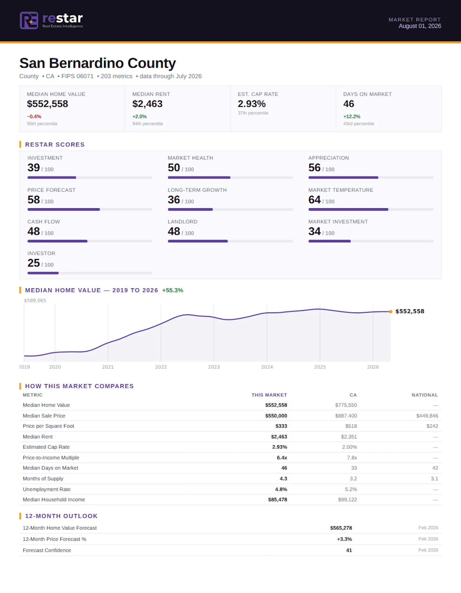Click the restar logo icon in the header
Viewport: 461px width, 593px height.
(x=29, y=20)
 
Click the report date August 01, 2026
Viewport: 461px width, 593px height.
(x=420, y=26)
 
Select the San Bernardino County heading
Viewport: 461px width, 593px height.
(x=97, y=63)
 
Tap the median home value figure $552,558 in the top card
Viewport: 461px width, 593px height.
(x=48, y=104)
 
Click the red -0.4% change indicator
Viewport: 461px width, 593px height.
(x=34, y=116)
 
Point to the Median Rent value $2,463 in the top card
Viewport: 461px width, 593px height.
(x=147, y=104)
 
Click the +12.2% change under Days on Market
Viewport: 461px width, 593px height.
(x=352, y=116)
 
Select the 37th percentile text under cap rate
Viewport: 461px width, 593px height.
(x=253, y=113)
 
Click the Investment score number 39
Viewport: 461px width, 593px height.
(x=33, y=168)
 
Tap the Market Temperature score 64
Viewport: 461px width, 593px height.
(x=314, y=200)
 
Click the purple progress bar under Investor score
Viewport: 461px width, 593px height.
(x=43, y=273)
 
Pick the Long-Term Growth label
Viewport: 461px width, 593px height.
(x=197, y=190)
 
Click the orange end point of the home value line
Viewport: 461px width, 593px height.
(x=390, y=311)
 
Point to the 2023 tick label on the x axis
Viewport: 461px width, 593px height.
(x=214, y=367)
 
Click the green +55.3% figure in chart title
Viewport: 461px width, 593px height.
(x=173, y=290)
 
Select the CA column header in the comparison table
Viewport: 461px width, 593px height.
(x=353, y=395)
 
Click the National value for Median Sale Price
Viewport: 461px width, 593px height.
(x=427, y=416)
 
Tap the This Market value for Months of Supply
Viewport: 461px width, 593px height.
(x=283, y=478)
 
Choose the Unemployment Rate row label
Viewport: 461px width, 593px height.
(x=47, y=489)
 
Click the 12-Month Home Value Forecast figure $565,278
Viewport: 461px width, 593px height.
(x=341, y=528)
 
